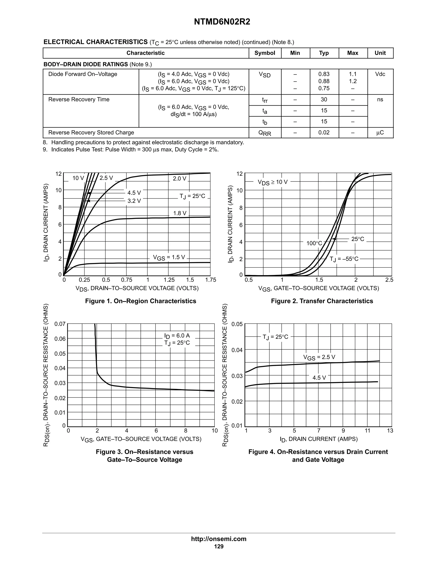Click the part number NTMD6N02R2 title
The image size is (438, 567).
pyautogui.click(x=222, y=22)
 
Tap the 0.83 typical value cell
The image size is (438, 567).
pyautogui.click(x=324, y=74)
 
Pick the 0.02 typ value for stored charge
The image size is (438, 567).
pyautogui.click(x=324, y=133)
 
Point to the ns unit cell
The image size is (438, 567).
pyautogui.click(x=380, y=99)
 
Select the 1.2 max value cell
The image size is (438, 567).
pyautogui.click(x=353, y=81)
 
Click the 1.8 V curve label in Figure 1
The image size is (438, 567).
pyautogui.click(x=180, y=213)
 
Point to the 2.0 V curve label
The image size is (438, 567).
pyautogui.click(x=180, y=179)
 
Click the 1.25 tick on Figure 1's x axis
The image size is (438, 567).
pyautogui.click(x=169, y=280)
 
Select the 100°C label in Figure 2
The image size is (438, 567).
pyautogui.click(x=314, y=243)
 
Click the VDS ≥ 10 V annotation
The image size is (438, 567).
pyautogui.click(x=272, y=182)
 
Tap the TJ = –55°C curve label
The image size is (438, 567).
pyautogui.click(x=344, y=259)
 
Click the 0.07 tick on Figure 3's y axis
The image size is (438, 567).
pyautogui.click(x=60, y=324)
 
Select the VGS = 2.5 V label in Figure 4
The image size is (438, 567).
pyautogui.click(x=319, y=357)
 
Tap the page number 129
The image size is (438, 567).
pyautogui.click(x=219, y=546)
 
